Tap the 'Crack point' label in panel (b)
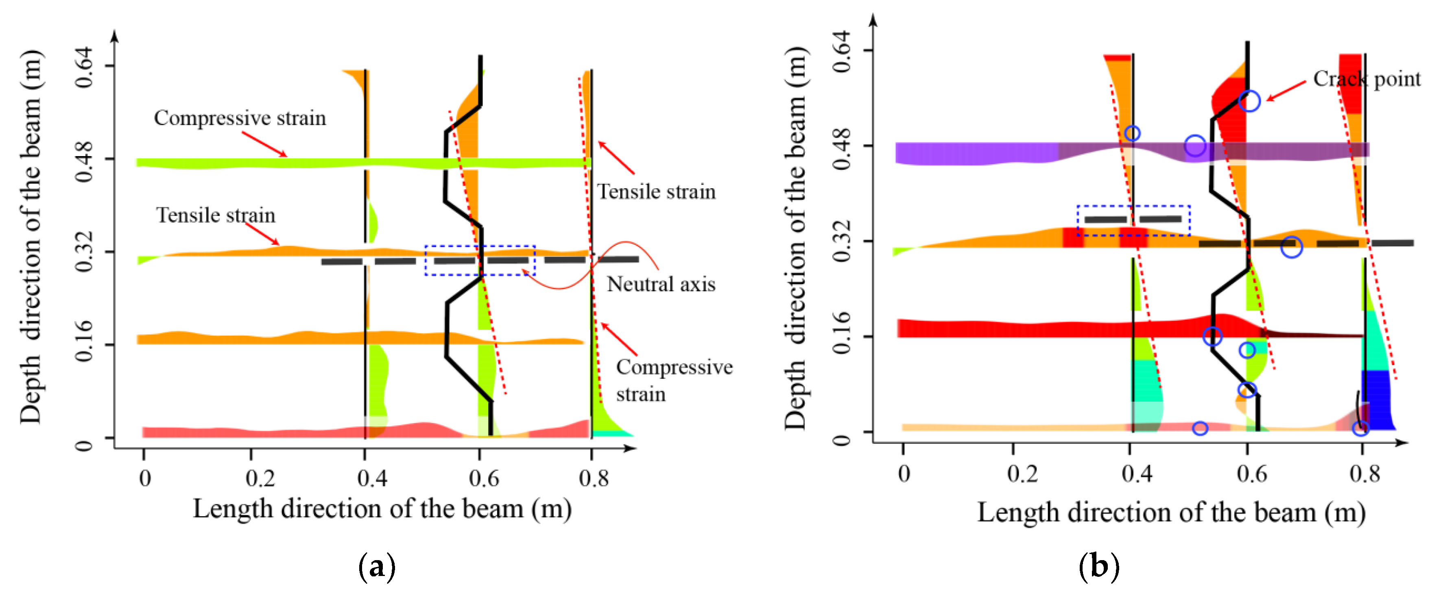tap(1367, 79)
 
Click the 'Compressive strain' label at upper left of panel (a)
tap(240, 118)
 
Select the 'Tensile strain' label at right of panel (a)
tap(657, 192)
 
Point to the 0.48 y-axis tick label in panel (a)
tap(83, 162)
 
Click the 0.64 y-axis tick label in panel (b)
tap(841, 52)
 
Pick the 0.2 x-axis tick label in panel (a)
tap(260, 478)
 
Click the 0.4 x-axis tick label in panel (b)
tap(1137, 474)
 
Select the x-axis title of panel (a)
tap(382, 509)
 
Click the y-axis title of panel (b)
tap(796, 237)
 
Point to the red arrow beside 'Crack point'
tap(1286, 91)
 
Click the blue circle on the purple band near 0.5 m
tap(1195, 146)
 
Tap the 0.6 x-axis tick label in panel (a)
tap(484, 478)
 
